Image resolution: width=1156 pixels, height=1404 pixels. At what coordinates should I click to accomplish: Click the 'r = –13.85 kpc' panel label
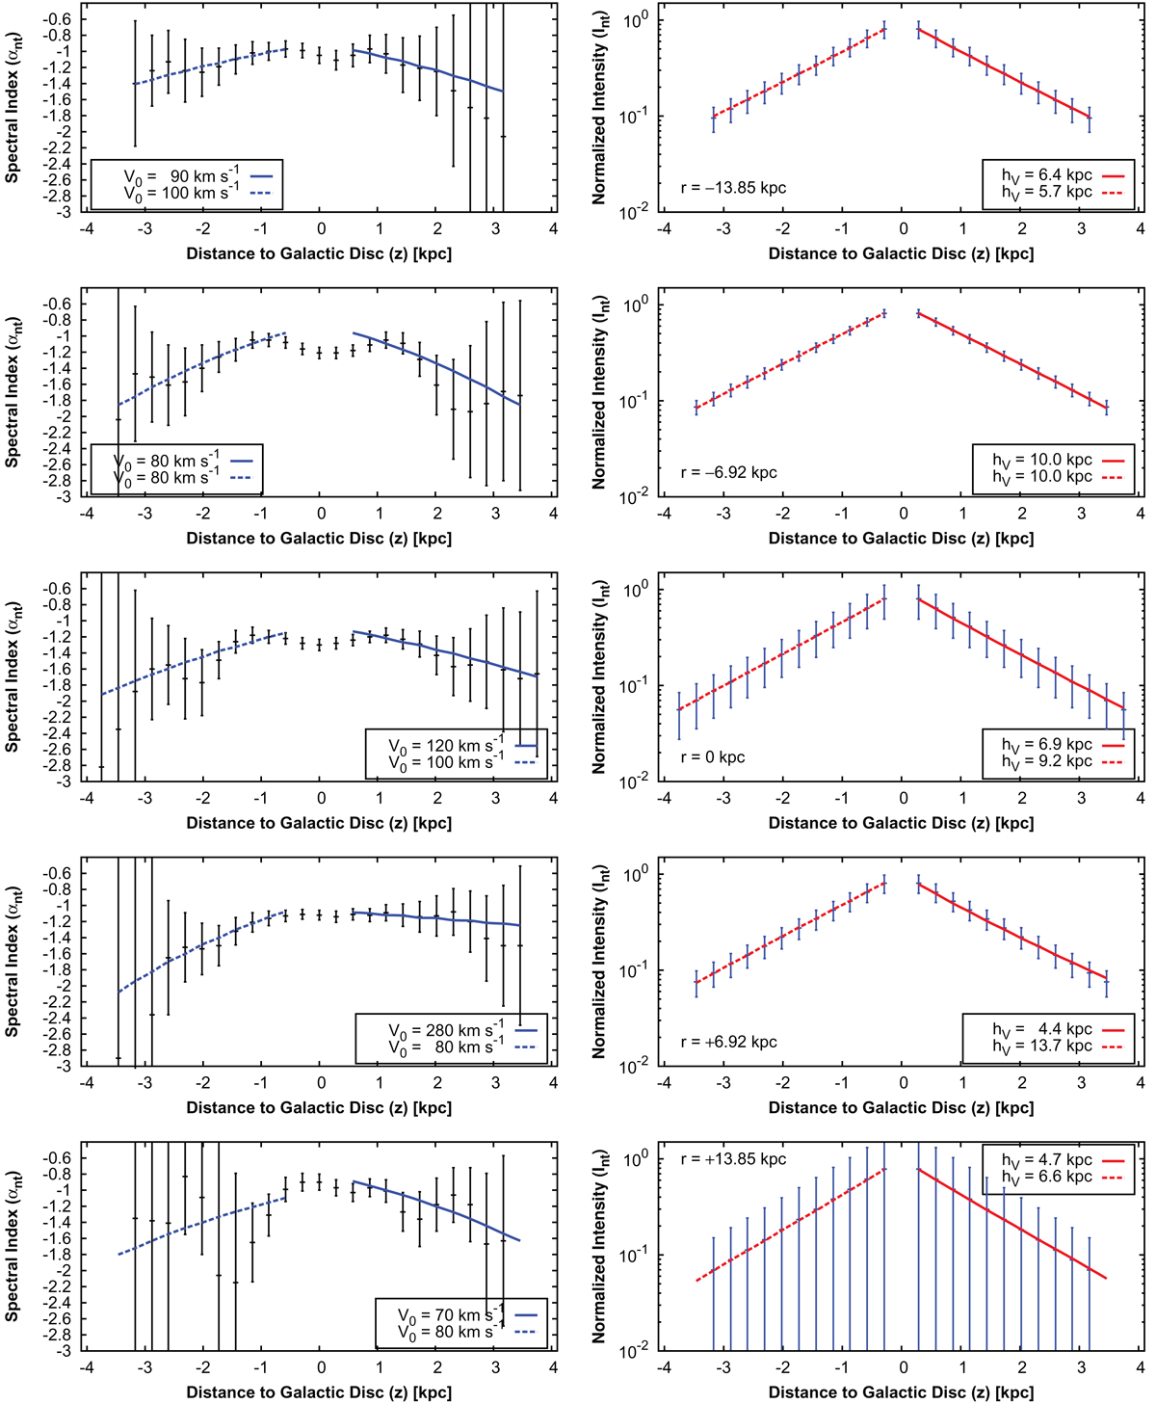coord(733,188)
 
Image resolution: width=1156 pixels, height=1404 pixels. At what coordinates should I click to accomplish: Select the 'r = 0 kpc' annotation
coord(713,757)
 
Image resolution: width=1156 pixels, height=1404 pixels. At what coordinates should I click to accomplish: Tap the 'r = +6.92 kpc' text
coord(728,1042)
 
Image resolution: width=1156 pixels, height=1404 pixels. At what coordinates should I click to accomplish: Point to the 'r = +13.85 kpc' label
coord(733,1159)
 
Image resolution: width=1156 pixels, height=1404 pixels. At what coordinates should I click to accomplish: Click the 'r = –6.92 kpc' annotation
coord(728,472)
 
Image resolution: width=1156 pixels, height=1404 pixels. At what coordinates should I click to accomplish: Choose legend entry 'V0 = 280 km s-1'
coord(446,1030)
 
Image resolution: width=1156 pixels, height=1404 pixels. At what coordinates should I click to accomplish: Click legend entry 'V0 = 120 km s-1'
coord(446,746)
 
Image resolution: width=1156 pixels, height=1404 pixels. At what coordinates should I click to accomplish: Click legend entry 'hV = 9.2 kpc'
coord(1045,761)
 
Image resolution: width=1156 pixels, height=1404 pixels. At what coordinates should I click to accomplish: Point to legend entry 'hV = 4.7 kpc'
coord(1045,1160)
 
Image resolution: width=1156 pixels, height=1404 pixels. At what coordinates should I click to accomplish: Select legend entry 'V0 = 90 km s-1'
coord(180,176)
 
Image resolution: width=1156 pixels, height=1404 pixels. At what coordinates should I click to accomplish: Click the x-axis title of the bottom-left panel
coord(319,1391)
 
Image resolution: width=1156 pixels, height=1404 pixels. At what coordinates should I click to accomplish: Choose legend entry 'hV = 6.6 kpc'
coord(1045,1177)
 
